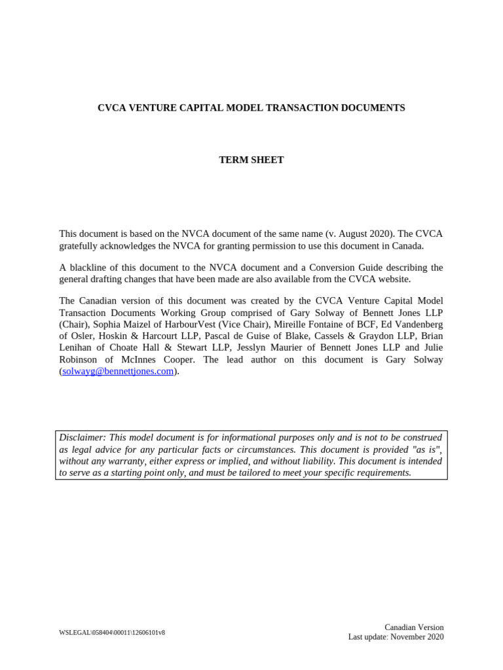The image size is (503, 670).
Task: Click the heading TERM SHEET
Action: (x=251, y=160)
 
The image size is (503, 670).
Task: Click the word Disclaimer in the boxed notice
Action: (x=83, y=437)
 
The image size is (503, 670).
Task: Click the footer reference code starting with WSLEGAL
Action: (x=112, y=633)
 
